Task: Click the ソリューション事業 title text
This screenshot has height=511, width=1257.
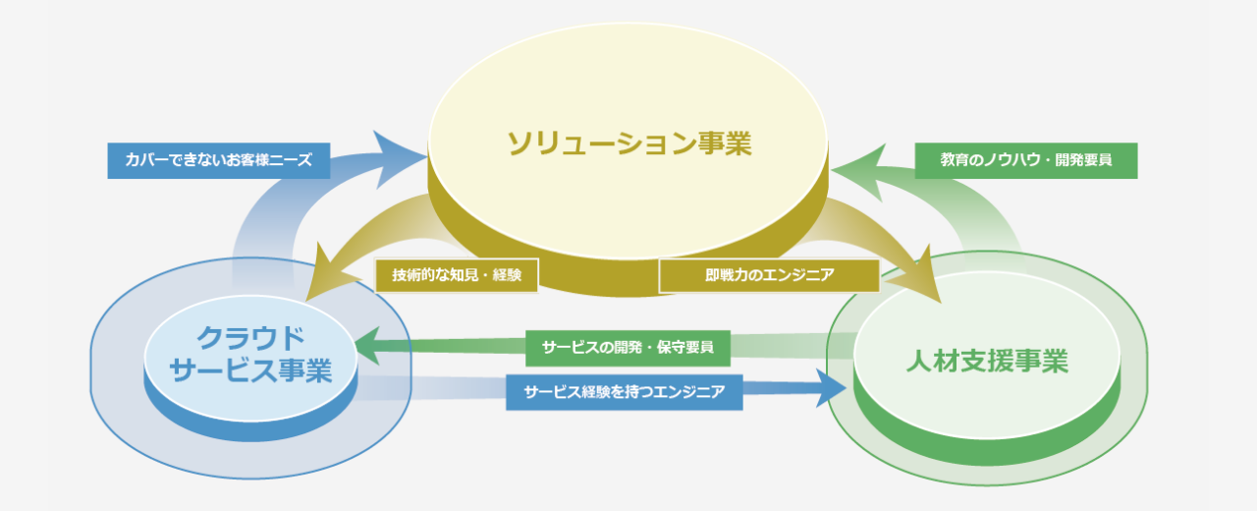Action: (629, 143)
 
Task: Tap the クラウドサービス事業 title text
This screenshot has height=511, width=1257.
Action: (250, 355)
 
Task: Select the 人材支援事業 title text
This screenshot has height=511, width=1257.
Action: (987, 361)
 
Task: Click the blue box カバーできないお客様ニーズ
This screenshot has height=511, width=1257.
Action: (219, 160)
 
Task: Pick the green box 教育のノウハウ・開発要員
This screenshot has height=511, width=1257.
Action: (1026, 160)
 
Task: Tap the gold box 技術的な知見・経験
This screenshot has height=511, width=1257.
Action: (457, 275)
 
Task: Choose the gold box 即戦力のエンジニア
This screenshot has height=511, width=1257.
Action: (769, 275)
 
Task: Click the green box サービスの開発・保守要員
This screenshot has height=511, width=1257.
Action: (628, 348)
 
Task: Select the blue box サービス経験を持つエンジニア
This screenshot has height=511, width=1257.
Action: (625, 392)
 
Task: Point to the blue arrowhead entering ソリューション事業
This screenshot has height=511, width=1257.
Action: (400, 158)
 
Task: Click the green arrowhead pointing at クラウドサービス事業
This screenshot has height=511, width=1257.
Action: (367, 346)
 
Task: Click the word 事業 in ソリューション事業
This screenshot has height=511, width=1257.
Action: (725, 143)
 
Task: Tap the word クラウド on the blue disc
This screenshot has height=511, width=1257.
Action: (250, 338)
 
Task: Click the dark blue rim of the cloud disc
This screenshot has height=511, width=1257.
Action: (250, 429)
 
